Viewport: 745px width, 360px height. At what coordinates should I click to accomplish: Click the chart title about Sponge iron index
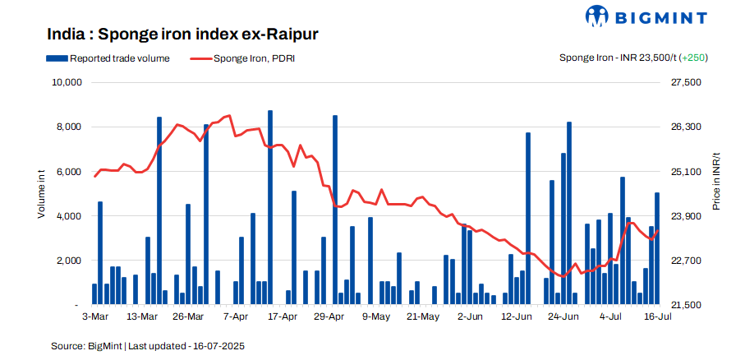coord(182,35)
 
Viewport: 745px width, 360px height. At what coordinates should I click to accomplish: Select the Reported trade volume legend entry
coord(108,58)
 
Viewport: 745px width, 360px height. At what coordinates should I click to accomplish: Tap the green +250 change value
coord(694,58)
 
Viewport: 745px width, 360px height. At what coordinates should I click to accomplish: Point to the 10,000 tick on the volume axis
coord(65,83)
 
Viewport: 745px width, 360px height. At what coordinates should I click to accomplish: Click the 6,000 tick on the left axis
coord(67,172)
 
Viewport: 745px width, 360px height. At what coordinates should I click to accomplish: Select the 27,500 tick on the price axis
coord(686,83)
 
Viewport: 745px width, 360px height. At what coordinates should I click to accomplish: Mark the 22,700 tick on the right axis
coord(686,261)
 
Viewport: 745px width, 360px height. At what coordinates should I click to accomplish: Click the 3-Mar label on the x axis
coord(95,316)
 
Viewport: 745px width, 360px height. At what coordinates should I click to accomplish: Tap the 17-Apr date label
coord(282,316)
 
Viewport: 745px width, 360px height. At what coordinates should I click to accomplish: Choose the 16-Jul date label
coord(657,316)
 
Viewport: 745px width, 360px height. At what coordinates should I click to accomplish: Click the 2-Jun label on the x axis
coord(470,316)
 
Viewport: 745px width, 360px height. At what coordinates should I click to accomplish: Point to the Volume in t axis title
coord(41,193)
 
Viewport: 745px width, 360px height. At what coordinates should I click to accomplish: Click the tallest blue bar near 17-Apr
coord(270,207)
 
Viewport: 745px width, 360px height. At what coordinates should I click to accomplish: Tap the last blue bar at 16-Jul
coord(657,248)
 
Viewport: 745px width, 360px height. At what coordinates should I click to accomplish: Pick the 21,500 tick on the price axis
coord(686,305)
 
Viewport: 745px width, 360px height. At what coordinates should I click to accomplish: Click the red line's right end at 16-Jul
coord(658,231)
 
